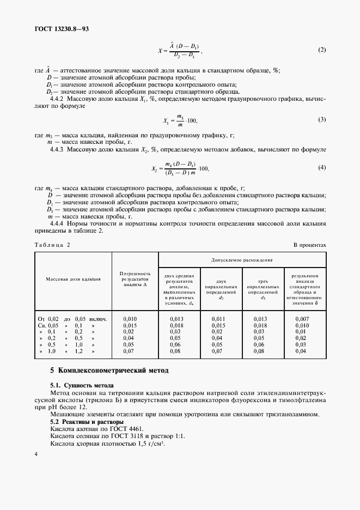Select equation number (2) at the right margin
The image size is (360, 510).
click(x=321, y=50)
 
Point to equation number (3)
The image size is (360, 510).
click(x=321, y=119)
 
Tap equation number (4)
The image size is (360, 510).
click(x=321, y=167)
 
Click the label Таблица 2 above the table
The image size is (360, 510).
click(x=53, y=245)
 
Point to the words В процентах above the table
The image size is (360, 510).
click(x=310, y=245)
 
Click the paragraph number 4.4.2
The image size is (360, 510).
click(x=57, y=99)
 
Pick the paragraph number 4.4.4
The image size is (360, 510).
click(x=57, y=223)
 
